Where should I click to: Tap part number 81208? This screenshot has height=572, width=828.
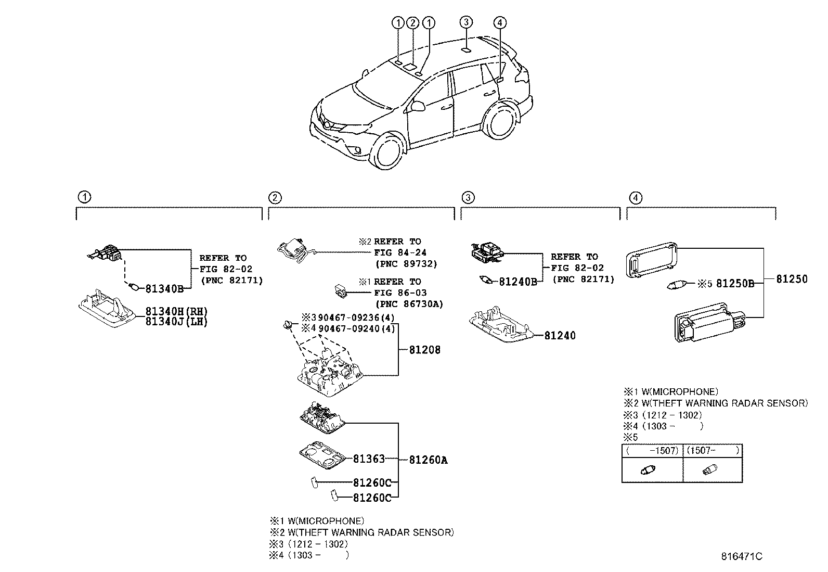424,350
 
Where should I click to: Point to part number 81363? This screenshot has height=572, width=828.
369,459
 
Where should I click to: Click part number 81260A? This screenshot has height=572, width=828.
428,460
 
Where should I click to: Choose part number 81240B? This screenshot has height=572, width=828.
517,282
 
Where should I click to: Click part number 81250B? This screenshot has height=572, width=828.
735,284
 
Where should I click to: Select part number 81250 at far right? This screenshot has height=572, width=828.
792,279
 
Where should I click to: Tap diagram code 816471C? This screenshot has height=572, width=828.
741,556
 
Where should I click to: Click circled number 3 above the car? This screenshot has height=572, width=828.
466,22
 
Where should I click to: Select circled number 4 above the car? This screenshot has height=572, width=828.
499,22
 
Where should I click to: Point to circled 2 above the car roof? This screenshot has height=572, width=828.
413,22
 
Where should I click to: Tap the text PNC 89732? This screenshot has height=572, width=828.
406,264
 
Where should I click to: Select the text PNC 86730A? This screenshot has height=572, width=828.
409,304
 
